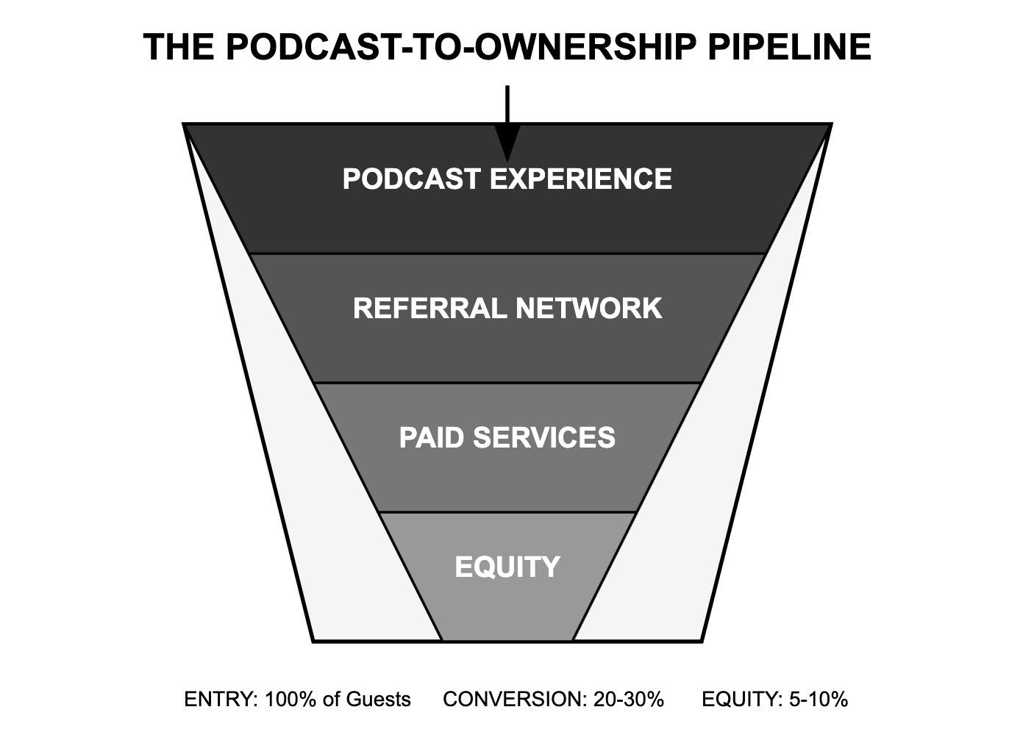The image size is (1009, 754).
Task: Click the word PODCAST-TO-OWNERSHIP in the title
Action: (460, 47)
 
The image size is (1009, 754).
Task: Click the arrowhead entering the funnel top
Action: (507, 143)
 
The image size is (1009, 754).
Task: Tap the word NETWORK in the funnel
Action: (588, 308)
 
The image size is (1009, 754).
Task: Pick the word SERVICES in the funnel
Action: (544, 438)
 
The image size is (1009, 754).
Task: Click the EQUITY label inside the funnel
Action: (507, 567)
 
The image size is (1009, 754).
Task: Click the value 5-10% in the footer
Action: (819, 699)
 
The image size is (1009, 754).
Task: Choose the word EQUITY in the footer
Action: (741, 699)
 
